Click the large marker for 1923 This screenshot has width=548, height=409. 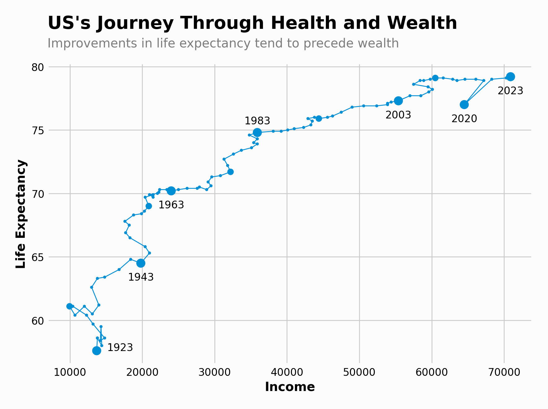(x=97, y=351)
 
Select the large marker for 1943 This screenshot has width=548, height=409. (x=141, y=263)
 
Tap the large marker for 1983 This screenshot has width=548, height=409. (x=257, y=132)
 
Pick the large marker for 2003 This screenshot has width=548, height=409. (x=398, y=101)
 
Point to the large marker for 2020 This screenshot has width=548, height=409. (x=464, y=104)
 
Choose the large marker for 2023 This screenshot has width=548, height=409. (x=511, y=77)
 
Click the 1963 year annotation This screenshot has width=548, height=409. (x=171, y=205)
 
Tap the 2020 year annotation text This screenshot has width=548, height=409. (x=464, y=119)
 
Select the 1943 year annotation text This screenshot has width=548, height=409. (x=141, y=277)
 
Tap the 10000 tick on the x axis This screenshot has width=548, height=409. (x=70, y=372)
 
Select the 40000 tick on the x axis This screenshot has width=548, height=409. (x=287, y=372)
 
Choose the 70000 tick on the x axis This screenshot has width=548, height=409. (x=504, y=372)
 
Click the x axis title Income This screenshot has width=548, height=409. (x=290, y=387)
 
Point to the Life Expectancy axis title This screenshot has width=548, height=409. (x=21, y=214)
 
